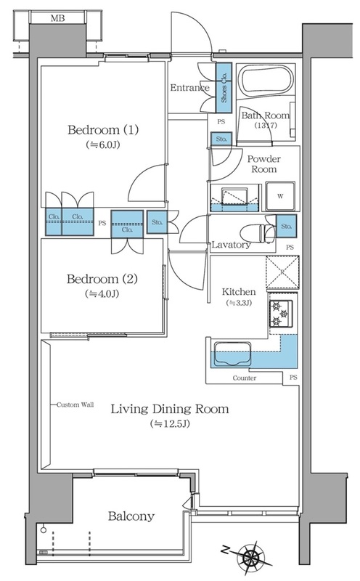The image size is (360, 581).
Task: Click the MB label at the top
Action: coord(57,17)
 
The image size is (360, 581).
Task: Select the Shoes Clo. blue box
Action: coord(224,87)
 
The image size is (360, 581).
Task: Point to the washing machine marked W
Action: coord(280,196)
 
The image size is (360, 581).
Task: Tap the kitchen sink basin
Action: coord(232,354)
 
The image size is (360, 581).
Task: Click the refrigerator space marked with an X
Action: coord(282,272)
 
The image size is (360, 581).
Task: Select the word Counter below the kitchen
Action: coord(245,378)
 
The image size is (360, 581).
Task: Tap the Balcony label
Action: coord(131,516)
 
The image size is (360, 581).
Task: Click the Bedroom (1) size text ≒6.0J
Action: coord(103,145)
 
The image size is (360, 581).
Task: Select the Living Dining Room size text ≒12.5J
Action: coord(170,423)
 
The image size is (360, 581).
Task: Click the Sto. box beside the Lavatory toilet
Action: coord(286,226)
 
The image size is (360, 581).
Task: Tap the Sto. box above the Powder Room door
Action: coord(221,139)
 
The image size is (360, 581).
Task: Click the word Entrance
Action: coord(189,88)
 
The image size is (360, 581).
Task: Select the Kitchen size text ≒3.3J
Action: coord(239,303)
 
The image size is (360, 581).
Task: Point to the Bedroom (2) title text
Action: coord(102,279)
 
